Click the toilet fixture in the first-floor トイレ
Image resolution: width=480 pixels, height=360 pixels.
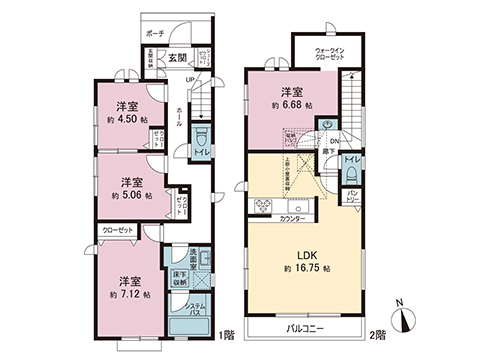pos(200,134)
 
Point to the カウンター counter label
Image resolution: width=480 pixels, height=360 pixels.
pos(292,218)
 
